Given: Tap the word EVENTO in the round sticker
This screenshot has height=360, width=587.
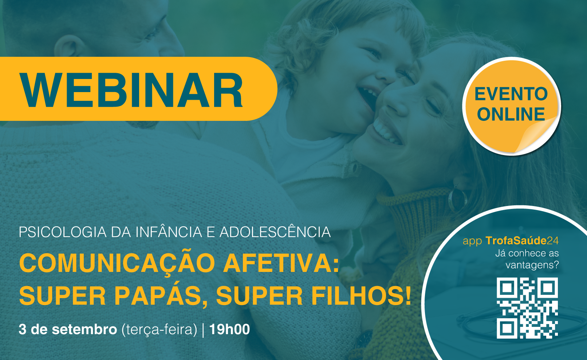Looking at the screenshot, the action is [x=511, y=94].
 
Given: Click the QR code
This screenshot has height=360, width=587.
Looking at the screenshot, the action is [x=527, y=308].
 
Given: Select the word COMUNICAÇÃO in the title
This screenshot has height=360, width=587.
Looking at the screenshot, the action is [x=117, y=264].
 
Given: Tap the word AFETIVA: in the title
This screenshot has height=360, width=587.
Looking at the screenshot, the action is [x=281, y=263].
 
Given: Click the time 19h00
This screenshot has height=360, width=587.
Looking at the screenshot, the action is [x=229, y=329].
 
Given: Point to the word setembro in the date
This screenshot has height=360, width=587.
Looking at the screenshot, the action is [x=84, y=329].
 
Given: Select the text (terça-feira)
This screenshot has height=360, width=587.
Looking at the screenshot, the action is [x=159, y=330].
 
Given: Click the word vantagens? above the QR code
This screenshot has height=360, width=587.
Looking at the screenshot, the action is [x=532, y=265].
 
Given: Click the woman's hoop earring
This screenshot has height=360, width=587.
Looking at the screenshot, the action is [x=458, y=199].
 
